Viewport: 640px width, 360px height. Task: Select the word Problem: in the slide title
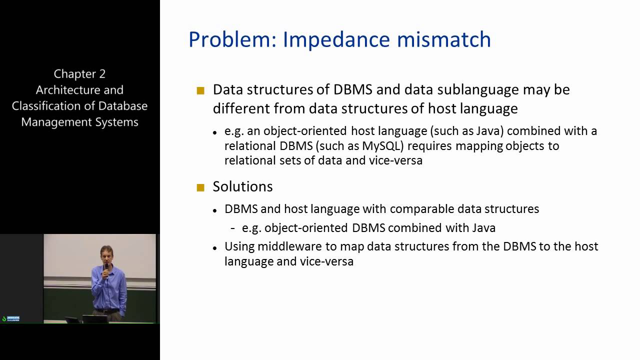pos(232,40)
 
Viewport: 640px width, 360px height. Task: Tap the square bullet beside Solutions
pos(201,187)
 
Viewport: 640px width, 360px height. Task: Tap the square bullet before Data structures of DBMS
pos(201,90)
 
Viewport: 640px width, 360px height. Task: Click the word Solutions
pos(242,186)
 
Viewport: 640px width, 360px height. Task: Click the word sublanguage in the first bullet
pos(475,90)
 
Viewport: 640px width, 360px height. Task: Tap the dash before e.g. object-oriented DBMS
pos(233,228)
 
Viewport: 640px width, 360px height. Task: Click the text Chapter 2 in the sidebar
pos(79,74)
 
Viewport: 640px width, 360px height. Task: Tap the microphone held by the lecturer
pos(106,267)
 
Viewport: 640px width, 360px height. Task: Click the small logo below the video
pos(11,318)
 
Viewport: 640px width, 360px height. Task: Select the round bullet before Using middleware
pos(214,248)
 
